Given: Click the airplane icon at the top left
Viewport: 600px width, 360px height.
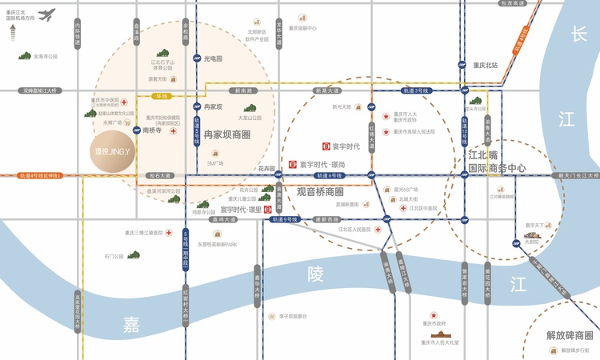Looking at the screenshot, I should (46, 14).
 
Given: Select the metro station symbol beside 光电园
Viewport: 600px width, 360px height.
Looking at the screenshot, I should (196, 58).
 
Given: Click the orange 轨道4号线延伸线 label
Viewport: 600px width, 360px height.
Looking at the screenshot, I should (41, 174).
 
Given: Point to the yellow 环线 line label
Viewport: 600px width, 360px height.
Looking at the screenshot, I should (162, 96).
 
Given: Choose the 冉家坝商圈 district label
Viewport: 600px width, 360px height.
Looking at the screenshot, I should (227, 134).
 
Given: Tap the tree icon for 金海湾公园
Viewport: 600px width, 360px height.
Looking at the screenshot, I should (26, 57).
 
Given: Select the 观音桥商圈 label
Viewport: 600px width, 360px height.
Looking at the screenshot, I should (320, 192).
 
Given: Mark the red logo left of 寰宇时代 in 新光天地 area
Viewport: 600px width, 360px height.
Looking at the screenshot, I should (326, 146).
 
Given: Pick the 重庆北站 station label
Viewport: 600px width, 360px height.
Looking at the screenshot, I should (486, 65).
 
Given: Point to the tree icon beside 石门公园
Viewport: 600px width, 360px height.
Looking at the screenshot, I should (134, 256).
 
